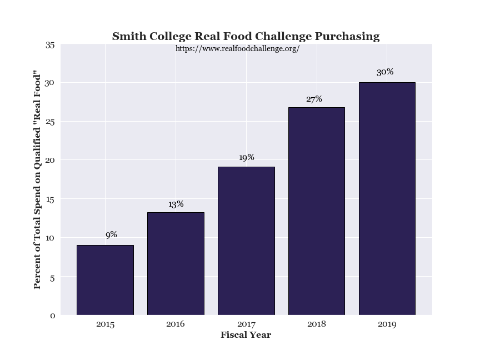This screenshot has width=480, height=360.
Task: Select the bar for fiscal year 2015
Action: pos(105,280)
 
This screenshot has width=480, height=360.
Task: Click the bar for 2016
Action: pos(176,263)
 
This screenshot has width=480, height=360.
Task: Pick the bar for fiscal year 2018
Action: pos(317,211)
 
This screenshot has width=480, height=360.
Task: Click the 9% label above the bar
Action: pos(111,235)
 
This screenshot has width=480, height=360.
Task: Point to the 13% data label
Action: pos(176,204)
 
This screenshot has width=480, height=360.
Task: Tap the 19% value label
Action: pos(246,158)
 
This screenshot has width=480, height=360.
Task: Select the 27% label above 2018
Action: pos(314,99)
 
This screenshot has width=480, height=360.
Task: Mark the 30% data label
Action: pos(385,72)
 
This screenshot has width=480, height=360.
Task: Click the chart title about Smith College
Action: pos(246,37)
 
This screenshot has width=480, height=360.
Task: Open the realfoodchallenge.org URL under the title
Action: pos(237,49)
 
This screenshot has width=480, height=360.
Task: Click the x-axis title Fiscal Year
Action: pos(246,335)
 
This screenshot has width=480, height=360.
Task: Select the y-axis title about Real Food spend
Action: pos(38,179)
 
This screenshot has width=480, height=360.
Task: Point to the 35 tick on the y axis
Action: pos(49,45)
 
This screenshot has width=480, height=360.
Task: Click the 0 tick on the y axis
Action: pos(52,316)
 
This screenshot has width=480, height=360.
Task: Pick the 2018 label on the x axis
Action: pos(317,324)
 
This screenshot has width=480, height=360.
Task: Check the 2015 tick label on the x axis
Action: pos(105,324)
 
